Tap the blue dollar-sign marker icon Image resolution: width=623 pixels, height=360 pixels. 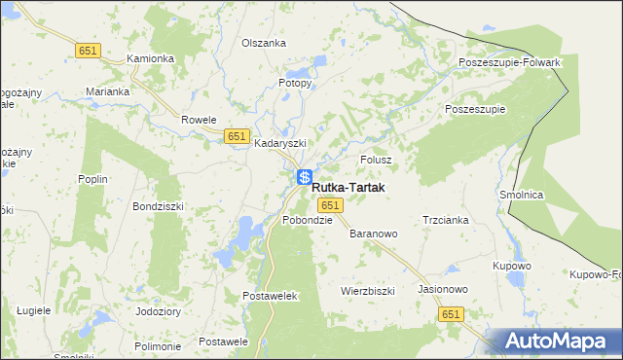pos(305,178)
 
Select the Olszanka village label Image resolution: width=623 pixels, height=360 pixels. pos(264,43)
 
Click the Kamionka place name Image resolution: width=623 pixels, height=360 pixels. pos(150,58)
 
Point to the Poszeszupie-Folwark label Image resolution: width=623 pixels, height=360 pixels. pos(510,62)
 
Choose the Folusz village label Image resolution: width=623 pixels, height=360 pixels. pos(376,159)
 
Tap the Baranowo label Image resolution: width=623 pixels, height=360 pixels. pos(374,234)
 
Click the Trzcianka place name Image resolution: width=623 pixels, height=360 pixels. pos(446,220)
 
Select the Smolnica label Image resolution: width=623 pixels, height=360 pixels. pos(521,195)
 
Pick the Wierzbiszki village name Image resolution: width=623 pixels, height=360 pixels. pos(367,291)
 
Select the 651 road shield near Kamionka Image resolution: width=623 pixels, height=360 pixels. pos(88,50)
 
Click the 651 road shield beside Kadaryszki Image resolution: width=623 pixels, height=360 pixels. pos(237,136)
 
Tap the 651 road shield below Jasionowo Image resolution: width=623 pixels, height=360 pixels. pos(450,314)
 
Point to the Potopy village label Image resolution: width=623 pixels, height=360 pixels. pos(296,83)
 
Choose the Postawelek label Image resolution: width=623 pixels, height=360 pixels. pos(269,295)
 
